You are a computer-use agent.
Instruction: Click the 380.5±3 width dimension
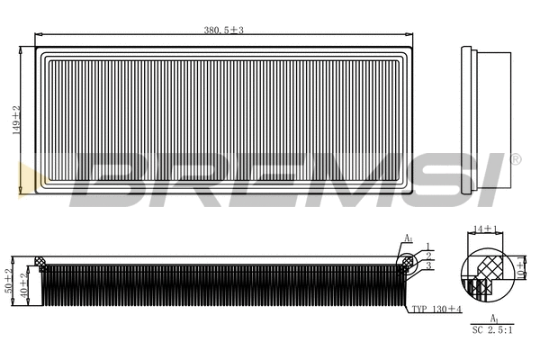[x=224, y=31]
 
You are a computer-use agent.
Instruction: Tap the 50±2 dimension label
[x=8, y=282]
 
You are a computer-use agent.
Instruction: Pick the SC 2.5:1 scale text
[x=492, y=330]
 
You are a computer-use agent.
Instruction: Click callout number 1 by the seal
[x=428, y=246]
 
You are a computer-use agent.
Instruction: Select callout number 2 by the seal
[x=428, y=256]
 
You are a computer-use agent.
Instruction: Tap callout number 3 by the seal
[x=428, y=266]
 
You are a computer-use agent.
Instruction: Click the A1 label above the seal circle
[x=408, y=238]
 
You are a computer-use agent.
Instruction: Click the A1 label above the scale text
[x=493, y=318]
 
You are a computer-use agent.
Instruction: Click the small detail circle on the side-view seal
[x=408, y=262]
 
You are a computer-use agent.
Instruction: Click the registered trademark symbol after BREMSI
[x=515, y=159]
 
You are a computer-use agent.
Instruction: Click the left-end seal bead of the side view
[x=40, y=262]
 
